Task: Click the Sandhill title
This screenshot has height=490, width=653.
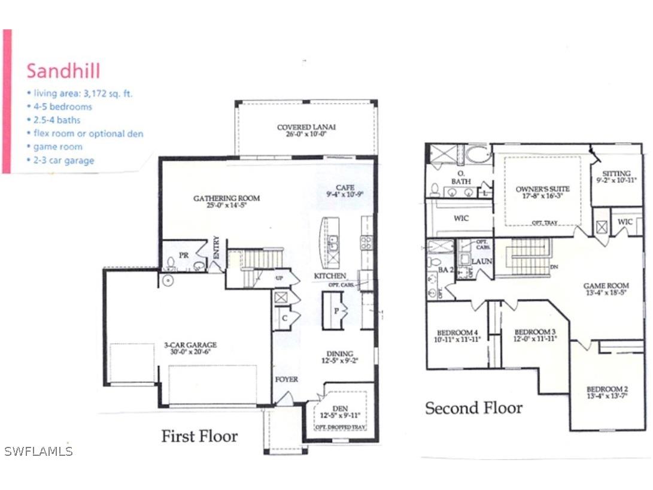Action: pos(63,71)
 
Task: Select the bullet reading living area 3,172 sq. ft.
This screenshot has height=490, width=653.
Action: pos(80,93)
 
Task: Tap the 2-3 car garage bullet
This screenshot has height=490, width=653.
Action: pos(60,160)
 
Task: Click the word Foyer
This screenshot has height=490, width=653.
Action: pos(286,379)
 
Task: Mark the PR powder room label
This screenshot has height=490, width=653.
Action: pos(184,255)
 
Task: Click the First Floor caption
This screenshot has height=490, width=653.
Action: pos(199,436)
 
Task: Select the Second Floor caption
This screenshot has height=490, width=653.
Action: pos(473,408)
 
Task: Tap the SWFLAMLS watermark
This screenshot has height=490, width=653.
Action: pos(38,451)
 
